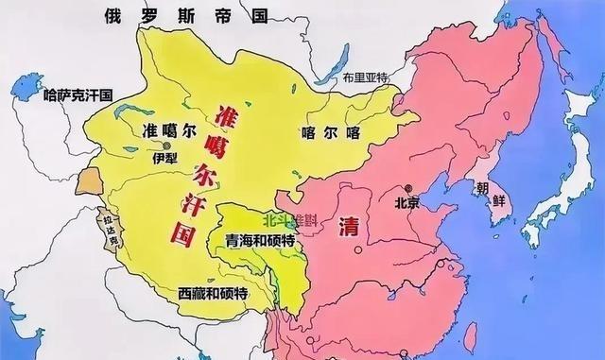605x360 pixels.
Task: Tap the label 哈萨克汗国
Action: point(78,95)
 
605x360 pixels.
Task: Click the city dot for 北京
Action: point(407,187)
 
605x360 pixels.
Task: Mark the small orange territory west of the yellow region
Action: point(89,179)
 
